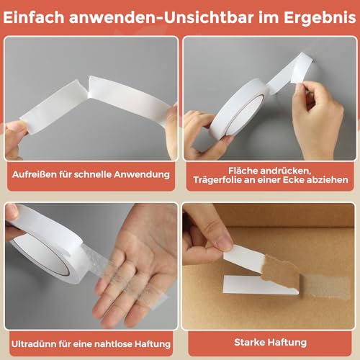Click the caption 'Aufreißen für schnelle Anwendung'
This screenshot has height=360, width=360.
89,174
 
